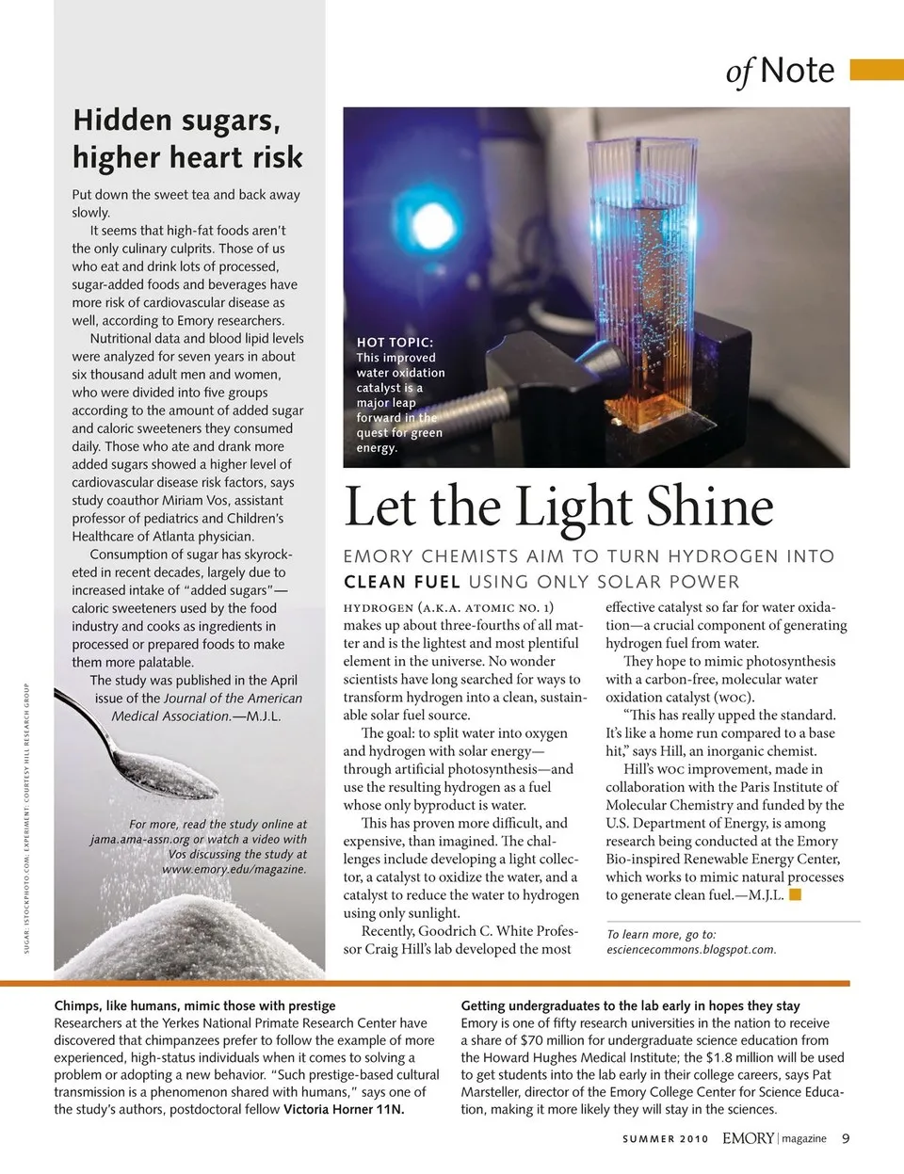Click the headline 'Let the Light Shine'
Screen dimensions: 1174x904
[558, 507]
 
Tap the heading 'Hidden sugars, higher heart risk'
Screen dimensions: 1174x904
[187, 138]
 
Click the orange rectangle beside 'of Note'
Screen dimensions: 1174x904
[876, 71]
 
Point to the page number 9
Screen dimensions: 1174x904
[846, 1138]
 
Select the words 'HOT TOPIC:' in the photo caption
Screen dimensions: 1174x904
[395, 343]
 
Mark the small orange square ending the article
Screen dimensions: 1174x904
[795, 895]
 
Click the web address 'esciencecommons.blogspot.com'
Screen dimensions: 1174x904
[691, 950]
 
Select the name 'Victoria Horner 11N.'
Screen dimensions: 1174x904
[344, 1109]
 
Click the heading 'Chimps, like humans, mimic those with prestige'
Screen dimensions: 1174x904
[195, 1005]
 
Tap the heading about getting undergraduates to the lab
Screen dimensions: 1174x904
[630, 1005]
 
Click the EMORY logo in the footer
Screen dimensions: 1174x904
[749, 1138]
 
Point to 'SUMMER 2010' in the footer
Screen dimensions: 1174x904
[665, 1139]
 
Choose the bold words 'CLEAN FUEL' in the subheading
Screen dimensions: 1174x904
[402, 582]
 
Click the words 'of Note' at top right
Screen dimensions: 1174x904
[780, 71]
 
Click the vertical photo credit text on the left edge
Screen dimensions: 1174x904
[27, 805]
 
